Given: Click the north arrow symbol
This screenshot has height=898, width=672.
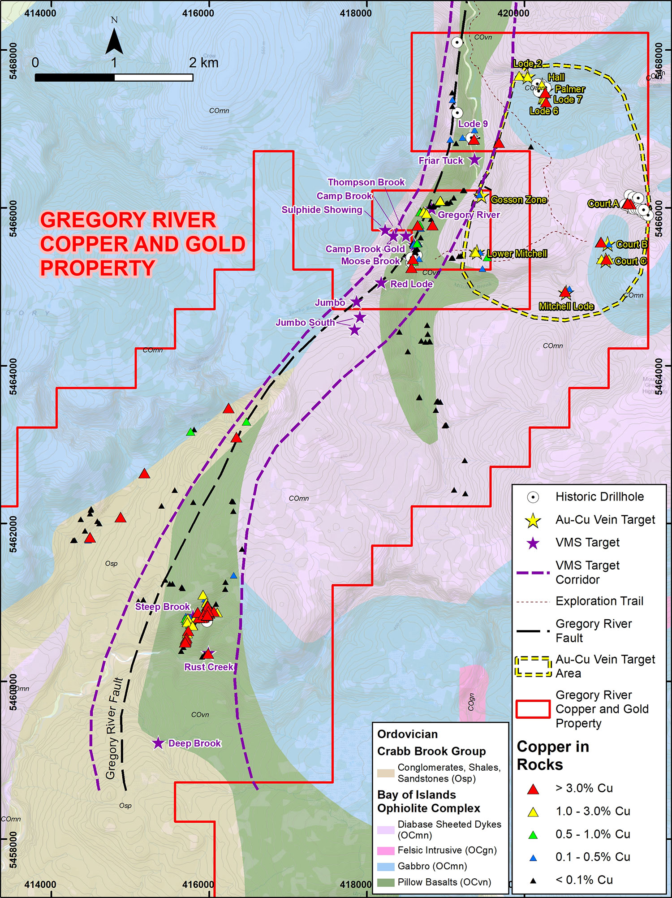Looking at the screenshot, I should [x=114, y=40].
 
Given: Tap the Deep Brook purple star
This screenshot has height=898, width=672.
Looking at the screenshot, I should [x=158, y=743].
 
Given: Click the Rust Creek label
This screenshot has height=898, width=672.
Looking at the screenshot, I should [x=209, y=667].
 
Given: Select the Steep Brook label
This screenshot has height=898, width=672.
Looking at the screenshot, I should [x=163, y=607].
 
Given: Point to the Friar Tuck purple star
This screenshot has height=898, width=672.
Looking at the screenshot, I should [x=474, y=159].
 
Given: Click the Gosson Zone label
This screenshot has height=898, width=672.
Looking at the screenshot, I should [x=519, y=200].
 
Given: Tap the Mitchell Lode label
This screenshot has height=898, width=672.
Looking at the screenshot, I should [x=566, y=307].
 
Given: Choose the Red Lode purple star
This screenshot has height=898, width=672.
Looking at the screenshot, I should [x=381, y=283].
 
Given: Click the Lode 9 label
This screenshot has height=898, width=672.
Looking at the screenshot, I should [x=473, y=124].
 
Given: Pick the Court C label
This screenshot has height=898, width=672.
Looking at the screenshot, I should [x=630, y=261].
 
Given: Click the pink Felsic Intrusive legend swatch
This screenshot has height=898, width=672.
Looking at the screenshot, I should [x=386, y=850].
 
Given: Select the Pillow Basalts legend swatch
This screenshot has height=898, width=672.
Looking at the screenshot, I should [x=386, y=882].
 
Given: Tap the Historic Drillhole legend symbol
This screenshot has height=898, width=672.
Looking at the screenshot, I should [x=533, y=497].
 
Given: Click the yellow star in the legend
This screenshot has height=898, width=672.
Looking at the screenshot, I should [x=533, y=520].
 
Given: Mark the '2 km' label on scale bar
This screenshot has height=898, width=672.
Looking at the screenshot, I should [x=204, y=63].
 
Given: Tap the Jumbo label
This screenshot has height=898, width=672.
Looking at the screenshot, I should [x=330, y=303].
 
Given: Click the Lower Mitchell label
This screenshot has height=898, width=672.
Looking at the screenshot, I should [x=517, y=254].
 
